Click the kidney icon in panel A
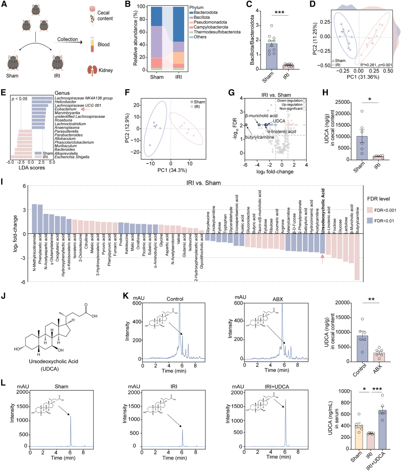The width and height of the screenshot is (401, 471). click(92, 70)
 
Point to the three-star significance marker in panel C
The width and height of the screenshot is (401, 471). click(279, 13)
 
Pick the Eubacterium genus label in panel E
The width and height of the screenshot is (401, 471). click(66, 109)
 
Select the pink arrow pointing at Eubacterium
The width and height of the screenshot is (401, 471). click(85, 109)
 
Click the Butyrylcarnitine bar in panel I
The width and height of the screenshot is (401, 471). click(357, 257)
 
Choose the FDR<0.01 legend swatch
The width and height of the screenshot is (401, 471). click(369, 221)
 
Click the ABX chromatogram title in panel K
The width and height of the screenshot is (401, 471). click(277, 299)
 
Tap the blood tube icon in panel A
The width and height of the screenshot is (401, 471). click(92, 44)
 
